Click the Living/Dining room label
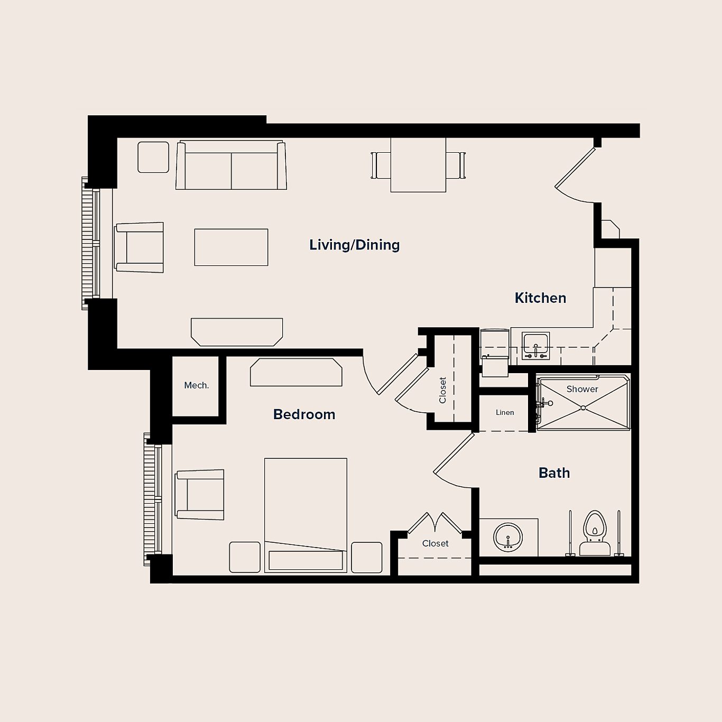click(x=354, y=245)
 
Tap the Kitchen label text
click(x=540, y=298)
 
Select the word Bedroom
click(x=304, y=414)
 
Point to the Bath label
click(x=554, y=473)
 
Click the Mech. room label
click(x=196, y=385)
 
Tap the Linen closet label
click(x=505, y=412)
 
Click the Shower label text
click(x=582, y=389)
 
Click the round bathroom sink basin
click(x=508, y=537)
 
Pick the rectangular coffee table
click(x=231, y=247)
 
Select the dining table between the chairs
click(x=418, y=165)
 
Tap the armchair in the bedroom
click(x=200, y=494)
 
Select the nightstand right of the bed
click(x=366, y=557)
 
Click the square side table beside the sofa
click(x=153, y=157)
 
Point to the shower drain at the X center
click(x=583, y=408)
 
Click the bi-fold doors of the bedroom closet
click(x=434, y=523)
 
